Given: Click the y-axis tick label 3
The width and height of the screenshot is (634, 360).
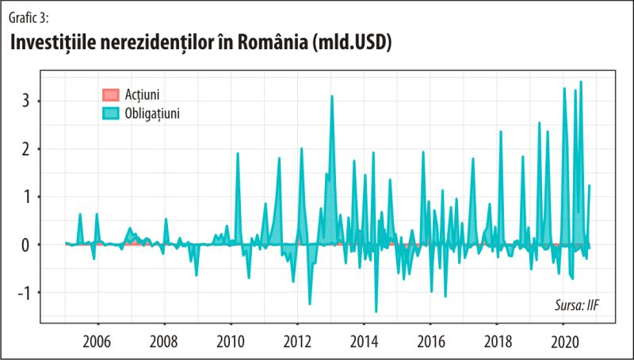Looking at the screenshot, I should [x=26, y=101].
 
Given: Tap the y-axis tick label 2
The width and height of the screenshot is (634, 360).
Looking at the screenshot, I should [x=26, y=149].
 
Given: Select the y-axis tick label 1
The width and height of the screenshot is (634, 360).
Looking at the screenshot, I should [x=26, y=197].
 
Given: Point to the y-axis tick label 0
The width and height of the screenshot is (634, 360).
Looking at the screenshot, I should [x=26, y=244].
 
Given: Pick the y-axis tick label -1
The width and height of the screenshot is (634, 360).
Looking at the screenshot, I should [x=23, y=293].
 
